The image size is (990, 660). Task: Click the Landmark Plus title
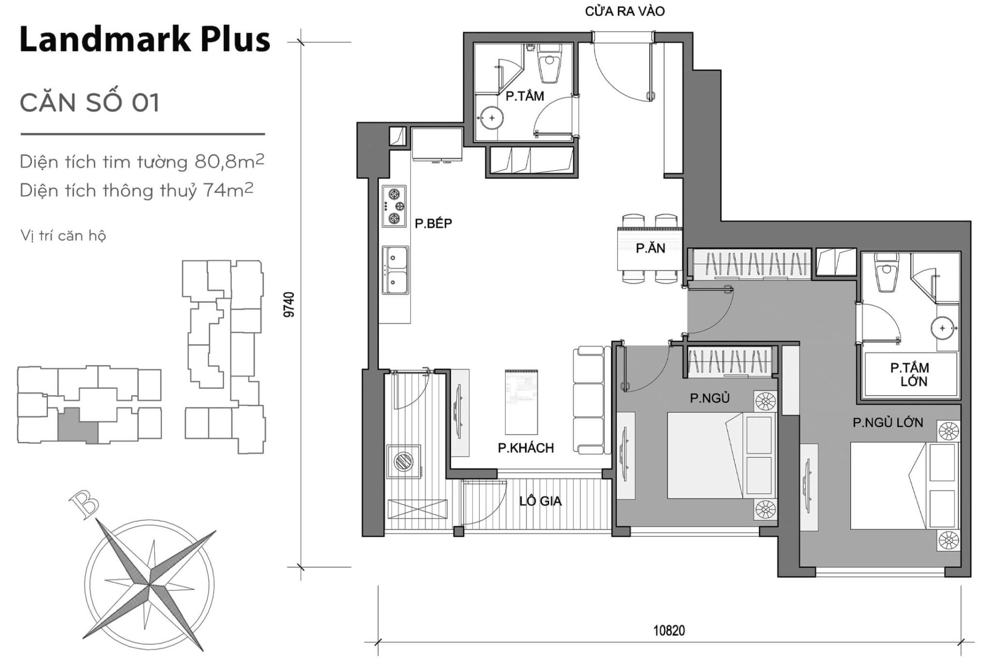pyautogui.click(x=144, y=39)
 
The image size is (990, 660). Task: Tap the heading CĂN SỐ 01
pyautogui.click(x=90, y=103)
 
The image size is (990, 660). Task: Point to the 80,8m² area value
pyautogui.click(x=229, y=162)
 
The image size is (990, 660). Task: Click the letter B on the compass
pyautogui.click(x=83, y=504)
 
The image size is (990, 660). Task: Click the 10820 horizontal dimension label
pyautogui.click(x=669, y=631)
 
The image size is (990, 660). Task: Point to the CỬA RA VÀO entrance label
pyautogui.click(x=624, y=11)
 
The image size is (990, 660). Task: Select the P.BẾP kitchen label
pyautogui.click(x=433, y=223)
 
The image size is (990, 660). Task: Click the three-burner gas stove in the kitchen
pyautogui.click(x=394, y=207)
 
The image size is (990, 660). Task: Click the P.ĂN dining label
pyautogui.click(x=650, y=249)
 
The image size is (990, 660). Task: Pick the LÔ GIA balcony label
pyautogui.click(x=540, y=501)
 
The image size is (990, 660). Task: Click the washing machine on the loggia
pyautogui.click(x=405, y=460)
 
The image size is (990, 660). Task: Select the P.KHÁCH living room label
pyautogui.click(x=525, y=448)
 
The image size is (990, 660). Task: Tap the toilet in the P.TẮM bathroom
pyautogui.click(x=549, y=67)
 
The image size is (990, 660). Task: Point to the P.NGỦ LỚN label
pyautogui.click(x=887, y=423)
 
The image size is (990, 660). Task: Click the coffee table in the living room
pyautogui.click(x=521, y=402)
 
